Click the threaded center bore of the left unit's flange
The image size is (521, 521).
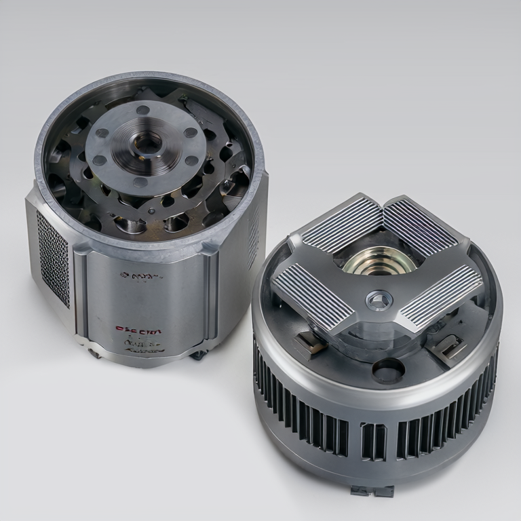(x=147, y=142)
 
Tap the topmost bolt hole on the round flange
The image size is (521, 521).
(x=143, y=109)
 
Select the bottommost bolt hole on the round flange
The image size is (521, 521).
(x=140, y=181)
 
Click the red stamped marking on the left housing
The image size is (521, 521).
(x=138, y=330)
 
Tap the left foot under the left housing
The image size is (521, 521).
(x=94, y=353)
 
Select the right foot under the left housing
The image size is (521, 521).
(x=198, y=354)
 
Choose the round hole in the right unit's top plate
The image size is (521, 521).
(x=388, y=370)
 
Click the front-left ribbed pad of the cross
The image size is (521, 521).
(x=313, y=295)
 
